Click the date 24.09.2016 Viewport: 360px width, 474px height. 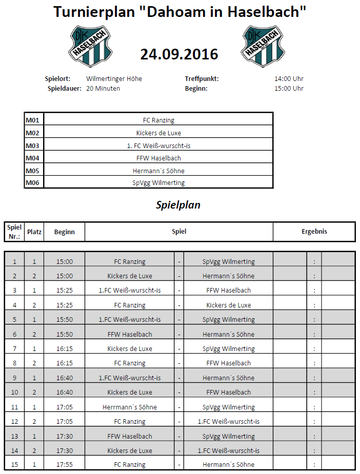click(179, 54)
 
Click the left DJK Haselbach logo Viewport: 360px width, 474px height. click(91, 47)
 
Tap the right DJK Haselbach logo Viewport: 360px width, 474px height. click(263, 47)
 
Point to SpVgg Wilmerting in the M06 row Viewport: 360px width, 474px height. click(158, 182)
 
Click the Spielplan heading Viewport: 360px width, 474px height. click(178, 205)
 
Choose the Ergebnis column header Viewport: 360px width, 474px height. click(314, 232)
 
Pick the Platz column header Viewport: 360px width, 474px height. click(34, 232)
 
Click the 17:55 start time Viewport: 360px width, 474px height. click(65, 465)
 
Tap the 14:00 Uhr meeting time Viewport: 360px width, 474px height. click(289, 79)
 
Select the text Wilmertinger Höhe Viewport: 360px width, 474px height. click(114, 79)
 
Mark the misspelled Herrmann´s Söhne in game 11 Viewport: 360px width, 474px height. click(130, 407)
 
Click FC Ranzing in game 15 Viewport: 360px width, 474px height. click(130, 465)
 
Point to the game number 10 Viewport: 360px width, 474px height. click(14, 392)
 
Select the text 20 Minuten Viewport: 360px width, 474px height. click(103, 88)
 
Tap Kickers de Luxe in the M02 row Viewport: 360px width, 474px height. click(158, 133)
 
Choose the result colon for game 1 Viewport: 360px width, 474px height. click(314, 262)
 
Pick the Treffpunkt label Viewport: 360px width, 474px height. click(202, 79)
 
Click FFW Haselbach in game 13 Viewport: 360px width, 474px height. click(130, 436)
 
